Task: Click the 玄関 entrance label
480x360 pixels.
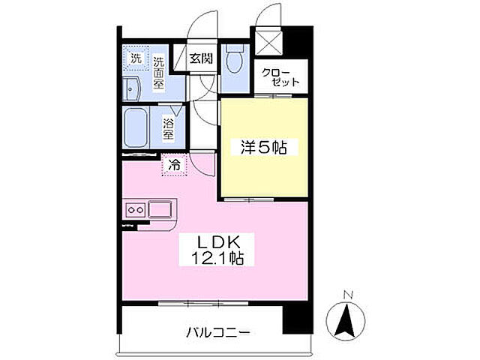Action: tap(199, 57)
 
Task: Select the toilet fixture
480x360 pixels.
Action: tap(234, 58)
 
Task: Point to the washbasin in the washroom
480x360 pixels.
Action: tap(132, 89)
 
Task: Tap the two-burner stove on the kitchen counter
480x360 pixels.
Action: tap(136, 208)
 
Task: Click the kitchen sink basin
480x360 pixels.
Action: tap(161, 208)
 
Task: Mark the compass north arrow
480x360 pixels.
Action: tap(344, 319)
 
